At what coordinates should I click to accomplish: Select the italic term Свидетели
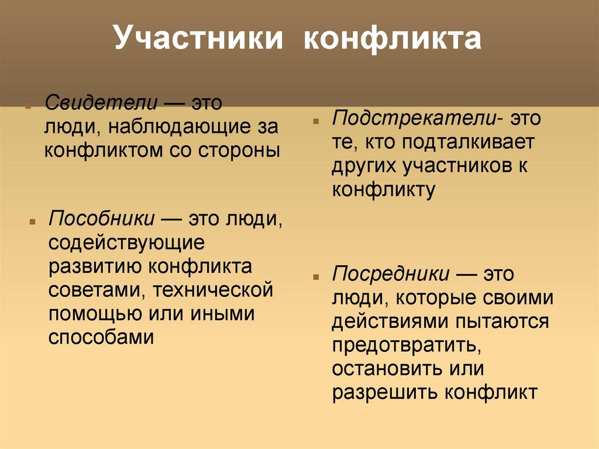click(x=101, y=104)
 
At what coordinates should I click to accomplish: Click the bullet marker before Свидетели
click(x=27, y=108)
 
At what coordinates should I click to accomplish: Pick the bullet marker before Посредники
click(x=316, y=277)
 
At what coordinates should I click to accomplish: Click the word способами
click(x=101, y=337)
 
